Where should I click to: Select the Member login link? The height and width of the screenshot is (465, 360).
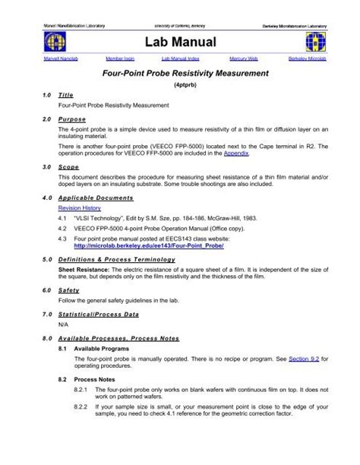click(118, 58)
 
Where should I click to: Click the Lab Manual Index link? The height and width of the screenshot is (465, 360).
click(179, 58)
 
